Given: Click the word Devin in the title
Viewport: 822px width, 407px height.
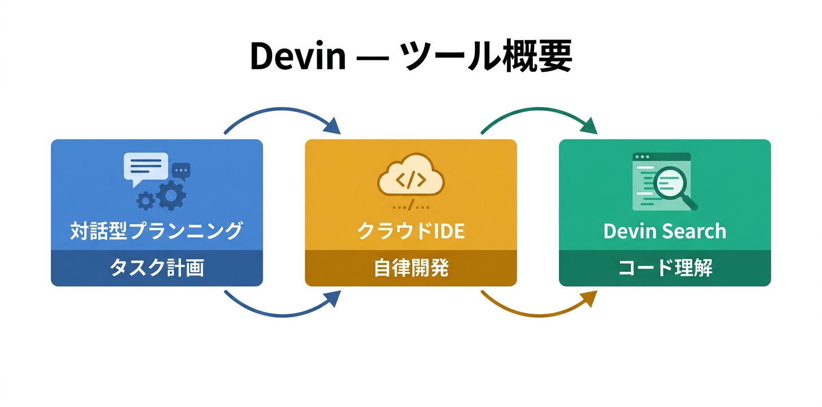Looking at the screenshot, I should point(297,57).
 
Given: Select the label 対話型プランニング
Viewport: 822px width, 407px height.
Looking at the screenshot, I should point(156,231).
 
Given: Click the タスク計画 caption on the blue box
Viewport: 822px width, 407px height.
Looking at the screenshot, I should point(156,268).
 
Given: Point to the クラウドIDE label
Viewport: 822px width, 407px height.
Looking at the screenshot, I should point(410,231).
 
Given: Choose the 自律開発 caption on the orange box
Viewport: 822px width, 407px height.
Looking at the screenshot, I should point(410,268).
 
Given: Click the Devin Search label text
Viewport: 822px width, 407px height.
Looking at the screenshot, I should point(664,231).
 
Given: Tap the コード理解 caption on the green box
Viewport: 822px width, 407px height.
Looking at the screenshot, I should point(664,268).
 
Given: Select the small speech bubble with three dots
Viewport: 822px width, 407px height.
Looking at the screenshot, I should point(181,170).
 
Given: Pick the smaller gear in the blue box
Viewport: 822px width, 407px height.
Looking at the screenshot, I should point(146,200).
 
